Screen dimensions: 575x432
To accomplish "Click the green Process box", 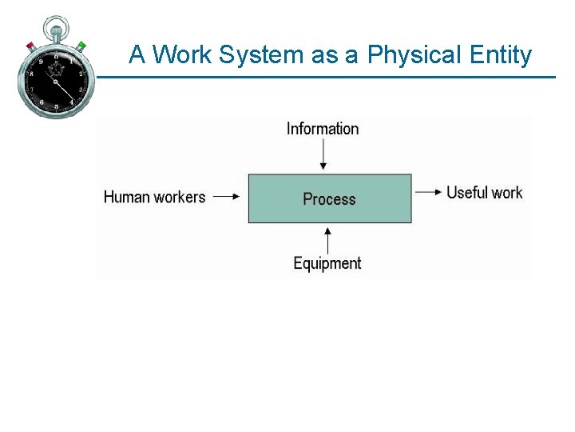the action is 330,198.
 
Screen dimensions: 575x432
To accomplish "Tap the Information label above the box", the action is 323,129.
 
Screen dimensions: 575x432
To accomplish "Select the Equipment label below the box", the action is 327,263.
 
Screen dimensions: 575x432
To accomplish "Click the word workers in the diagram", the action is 179,197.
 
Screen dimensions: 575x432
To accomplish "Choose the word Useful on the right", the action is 466,192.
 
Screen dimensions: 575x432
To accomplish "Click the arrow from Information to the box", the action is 323,154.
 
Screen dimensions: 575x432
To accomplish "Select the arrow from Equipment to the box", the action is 327,239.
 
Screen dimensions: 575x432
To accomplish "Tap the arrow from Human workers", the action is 226,197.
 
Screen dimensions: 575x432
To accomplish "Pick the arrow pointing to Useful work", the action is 427,192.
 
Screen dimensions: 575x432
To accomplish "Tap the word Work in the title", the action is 182,54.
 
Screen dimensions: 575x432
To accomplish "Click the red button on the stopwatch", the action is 31,46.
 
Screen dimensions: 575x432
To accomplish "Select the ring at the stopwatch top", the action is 56,26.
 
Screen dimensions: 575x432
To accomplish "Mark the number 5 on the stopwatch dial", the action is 57,107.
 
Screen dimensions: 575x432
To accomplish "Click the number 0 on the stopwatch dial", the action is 57,57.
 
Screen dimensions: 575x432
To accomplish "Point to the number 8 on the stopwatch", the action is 32,73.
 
